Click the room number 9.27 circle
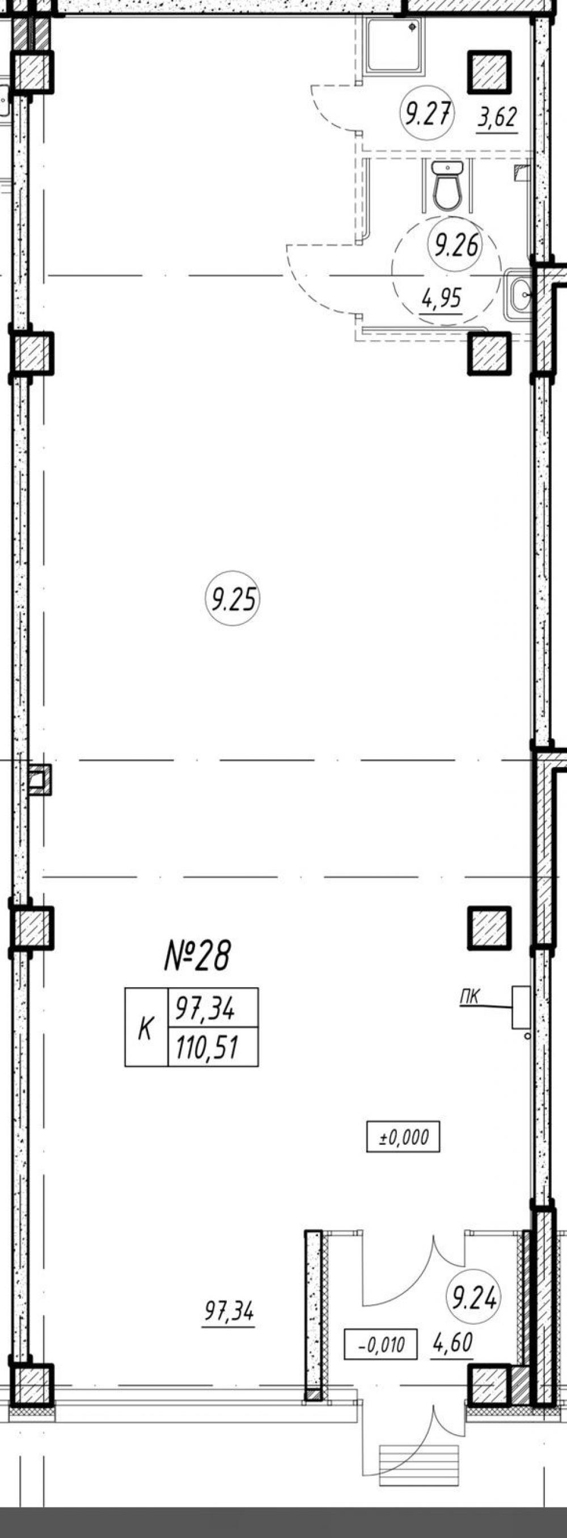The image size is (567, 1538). click(x=427, y=113)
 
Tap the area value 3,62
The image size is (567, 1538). click(x=497, y=117)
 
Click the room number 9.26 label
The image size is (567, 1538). click(x=455, y=244)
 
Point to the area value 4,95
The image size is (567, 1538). click(x=442, y=297)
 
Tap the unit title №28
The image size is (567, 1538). click(x=196, y=955)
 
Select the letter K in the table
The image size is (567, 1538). click(x=145, y=1028)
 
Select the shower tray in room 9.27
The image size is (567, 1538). click(x=393, y=45)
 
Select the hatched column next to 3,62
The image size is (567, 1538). click(x=489, y=71)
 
